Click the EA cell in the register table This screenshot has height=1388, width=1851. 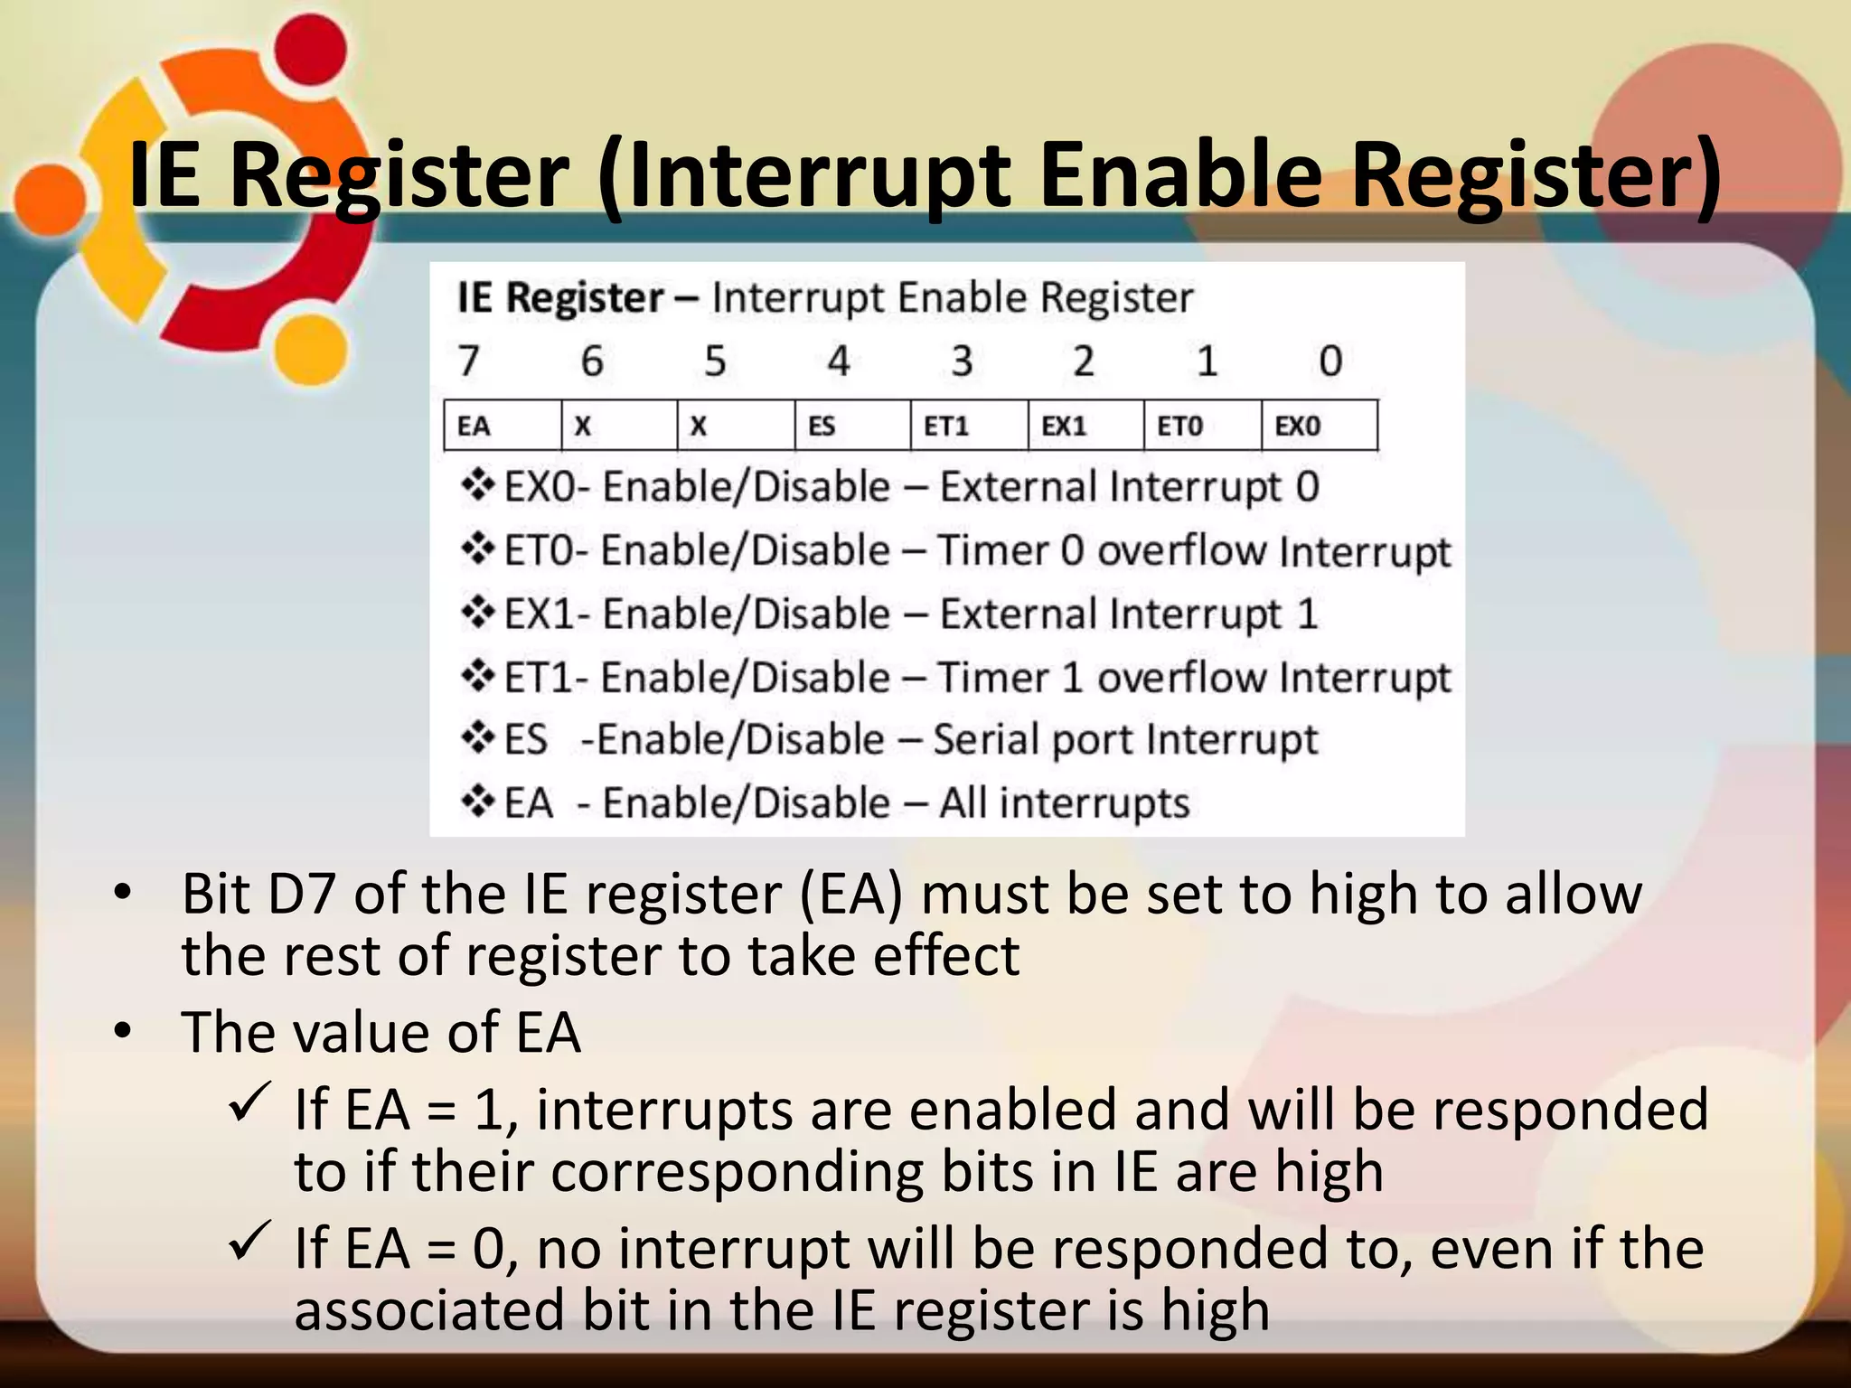(x=502, y=426)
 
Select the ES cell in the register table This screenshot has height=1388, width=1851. (x=851, y=426)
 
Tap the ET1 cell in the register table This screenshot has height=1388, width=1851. (x=968, y=426)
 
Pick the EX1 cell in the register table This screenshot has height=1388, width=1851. (x=1085, y=426)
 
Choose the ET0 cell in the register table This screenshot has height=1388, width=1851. (x=1201, y=426)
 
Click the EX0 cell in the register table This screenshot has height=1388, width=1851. (x=1318, y=426)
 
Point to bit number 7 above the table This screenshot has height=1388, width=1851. (x=468, y=361)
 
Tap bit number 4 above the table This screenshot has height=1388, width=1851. (x=839, y=361)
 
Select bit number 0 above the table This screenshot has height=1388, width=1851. (x=1330, y=361)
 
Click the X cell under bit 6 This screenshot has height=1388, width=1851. (x=618, y=426)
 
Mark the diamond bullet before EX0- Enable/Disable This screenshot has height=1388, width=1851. (x=477, y=486)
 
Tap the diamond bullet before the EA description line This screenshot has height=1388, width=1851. (x=477, y=802)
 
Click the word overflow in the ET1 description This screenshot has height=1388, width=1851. (x=1180, y=677)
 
